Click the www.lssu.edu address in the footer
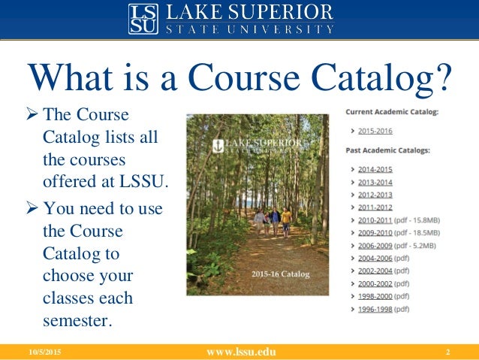239,352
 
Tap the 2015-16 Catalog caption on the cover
280,274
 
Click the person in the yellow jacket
286,220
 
